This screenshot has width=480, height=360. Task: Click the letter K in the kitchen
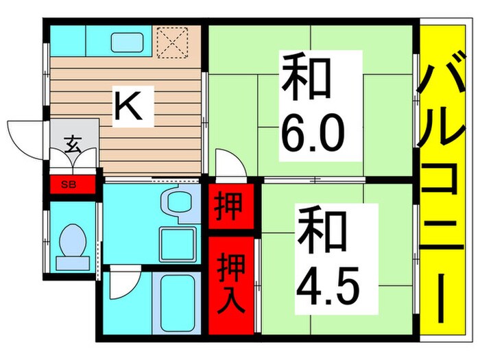click(x=128, y=107)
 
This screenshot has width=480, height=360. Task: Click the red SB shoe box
click(x=69, y=184)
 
